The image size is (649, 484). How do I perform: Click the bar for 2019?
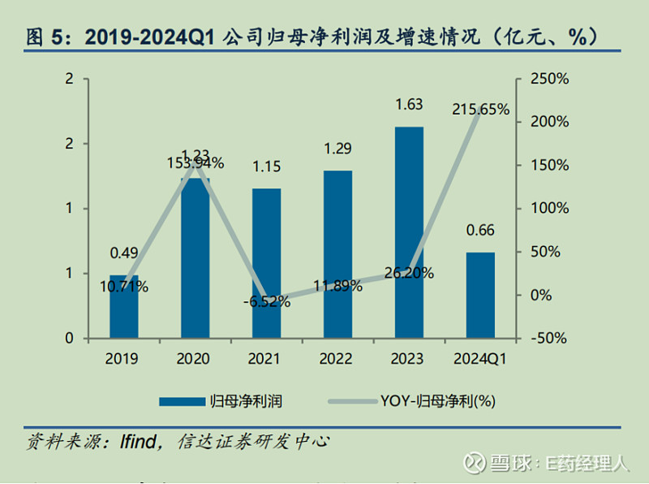pos(124,307)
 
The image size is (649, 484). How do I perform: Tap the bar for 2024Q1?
pos(480,295)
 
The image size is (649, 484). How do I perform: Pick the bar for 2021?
pos(266,263)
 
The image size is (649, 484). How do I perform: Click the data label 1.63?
pos(408,104)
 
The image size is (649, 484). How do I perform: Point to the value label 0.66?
pos(480,231)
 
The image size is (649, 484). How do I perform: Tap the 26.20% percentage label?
pos(409,274)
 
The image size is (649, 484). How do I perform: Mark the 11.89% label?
pos(337,286)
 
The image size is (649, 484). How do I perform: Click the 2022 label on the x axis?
pos(337,358)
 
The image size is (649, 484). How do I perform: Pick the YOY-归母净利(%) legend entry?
pos(437,400)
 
